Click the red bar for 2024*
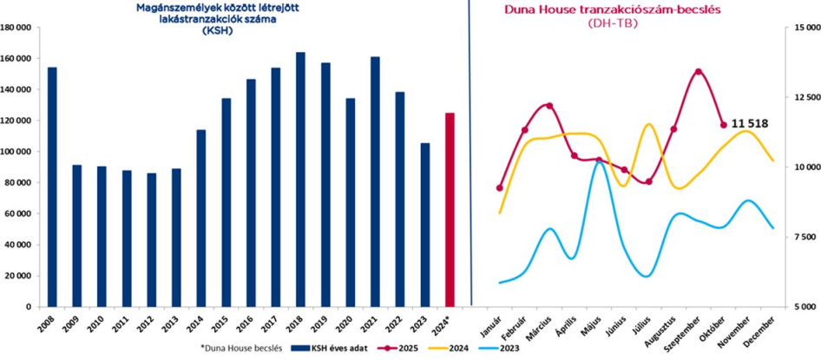[x=450, y=209]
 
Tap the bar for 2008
[x=52, y=187]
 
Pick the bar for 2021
[x=375, y=181]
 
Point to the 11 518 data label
[x=751, y=124]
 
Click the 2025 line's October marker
[x=724, y=125]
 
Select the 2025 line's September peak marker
[x=699, y=71]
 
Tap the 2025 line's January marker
[x=500, y=188]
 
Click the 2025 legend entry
[x=417, y=346]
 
